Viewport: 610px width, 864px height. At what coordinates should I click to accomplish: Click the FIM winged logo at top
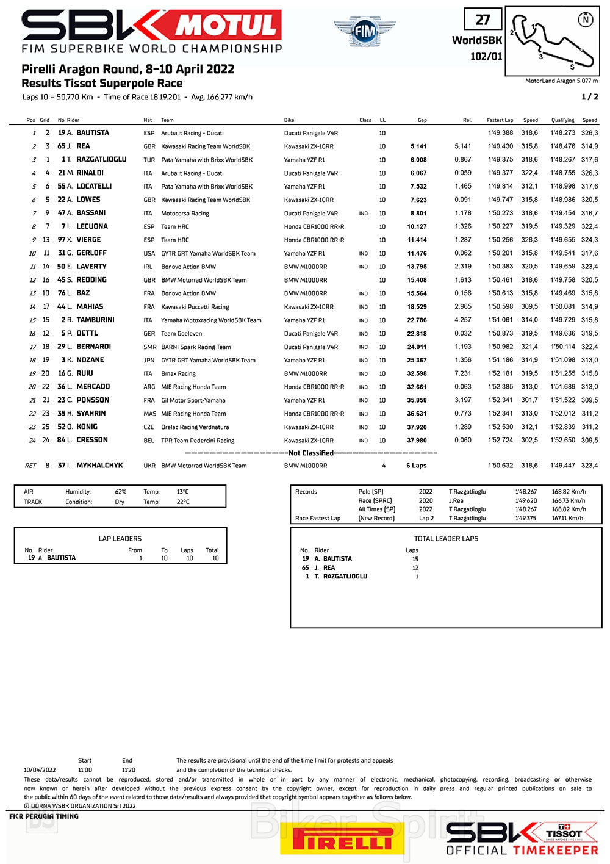point(364,31)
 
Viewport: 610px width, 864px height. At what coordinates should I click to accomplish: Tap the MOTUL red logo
point(228,26)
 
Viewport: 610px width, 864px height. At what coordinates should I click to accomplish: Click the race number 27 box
point(483,20)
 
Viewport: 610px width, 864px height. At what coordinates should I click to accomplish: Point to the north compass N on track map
point(586,20)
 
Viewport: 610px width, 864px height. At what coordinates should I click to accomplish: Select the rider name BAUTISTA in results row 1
point(93,133)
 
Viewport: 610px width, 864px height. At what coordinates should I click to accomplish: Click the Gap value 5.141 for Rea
point(418,146)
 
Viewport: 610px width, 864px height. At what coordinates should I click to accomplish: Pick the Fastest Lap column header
point(500,120)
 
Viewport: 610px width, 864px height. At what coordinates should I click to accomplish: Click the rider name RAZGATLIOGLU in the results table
point(101,160)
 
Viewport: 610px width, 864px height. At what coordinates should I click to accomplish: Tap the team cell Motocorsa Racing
point(185,214)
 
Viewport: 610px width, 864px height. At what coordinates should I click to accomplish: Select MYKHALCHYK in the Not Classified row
point(99,466)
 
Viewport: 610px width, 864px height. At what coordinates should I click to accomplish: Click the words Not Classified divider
point(311,453)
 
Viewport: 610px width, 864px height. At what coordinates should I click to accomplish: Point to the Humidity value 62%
point(121,492)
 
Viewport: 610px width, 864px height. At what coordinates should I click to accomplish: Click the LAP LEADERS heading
point(120,539)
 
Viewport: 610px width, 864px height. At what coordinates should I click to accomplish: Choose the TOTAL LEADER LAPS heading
point(446,539)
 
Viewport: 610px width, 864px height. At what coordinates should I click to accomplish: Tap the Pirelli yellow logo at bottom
point(342,841)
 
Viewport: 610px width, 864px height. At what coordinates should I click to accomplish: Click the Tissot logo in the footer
point(564,833)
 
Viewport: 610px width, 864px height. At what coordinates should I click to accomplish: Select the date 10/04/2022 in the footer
point(40,770)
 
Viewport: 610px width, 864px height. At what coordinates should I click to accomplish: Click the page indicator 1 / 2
point(589,97)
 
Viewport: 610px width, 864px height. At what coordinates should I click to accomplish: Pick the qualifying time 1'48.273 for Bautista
point(562,133)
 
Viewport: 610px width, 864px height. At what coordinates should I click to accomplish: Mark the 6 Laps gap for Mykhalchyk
point(417,466)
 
